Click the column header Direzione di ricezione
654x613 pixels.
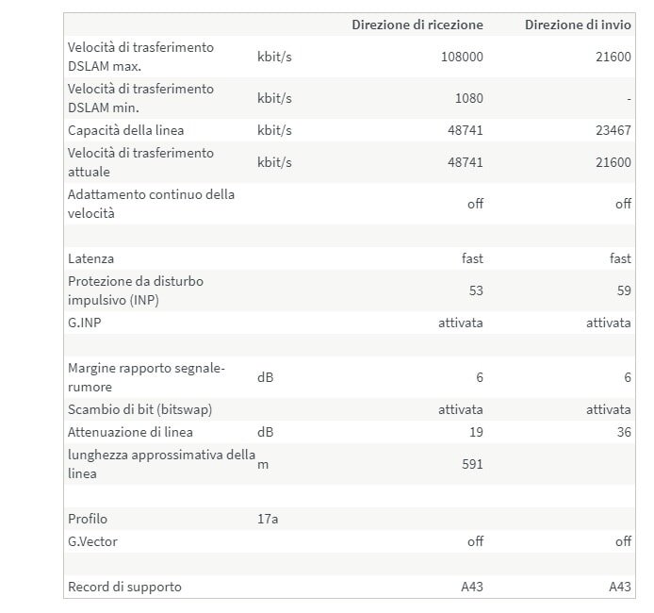417,25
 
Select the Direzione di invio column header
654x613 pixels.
578,25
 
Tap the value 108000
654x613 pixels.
462,57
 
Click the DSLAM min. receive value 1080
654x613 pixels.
467,98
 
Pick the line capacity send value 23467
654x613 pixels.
613,130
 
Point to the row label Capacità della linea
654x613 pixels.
125,130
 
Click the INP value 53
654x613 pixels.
475,290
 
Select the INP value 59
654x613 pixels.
624,290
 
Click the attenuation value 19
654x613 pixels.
475,432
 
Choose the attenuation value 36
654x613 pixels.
623,432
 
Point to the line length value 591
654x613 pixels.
471,464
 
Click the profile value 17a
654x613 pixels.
268,519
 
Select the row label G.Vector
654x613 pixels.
92,541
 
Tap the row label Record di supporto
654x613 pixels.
124,587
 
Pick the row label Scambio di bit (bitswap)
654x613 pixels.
139,409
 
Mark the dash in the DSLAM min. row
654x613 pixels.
628,98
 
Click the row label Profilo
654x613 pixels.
88,519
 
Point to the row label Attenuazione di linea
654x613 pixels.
130,432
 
